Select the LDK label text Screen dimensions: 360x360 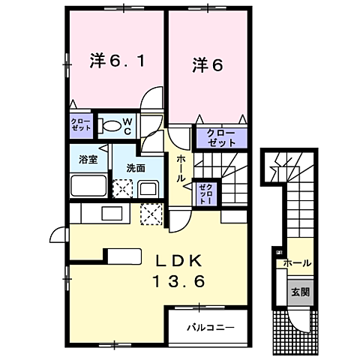click(178, 262)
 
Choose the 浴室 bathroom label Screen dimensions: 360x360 click(88, 159)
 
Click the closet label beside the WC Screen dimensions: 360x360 click(81, 124)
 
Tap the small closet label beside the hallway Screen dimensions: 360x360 click(205, 193)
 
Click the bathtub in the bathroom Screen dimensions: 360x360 click(88, 184)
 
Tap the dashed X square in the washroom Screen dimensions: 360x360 click(121, 187)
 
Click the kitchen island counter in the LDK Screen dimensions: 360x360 click(124, 256)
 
